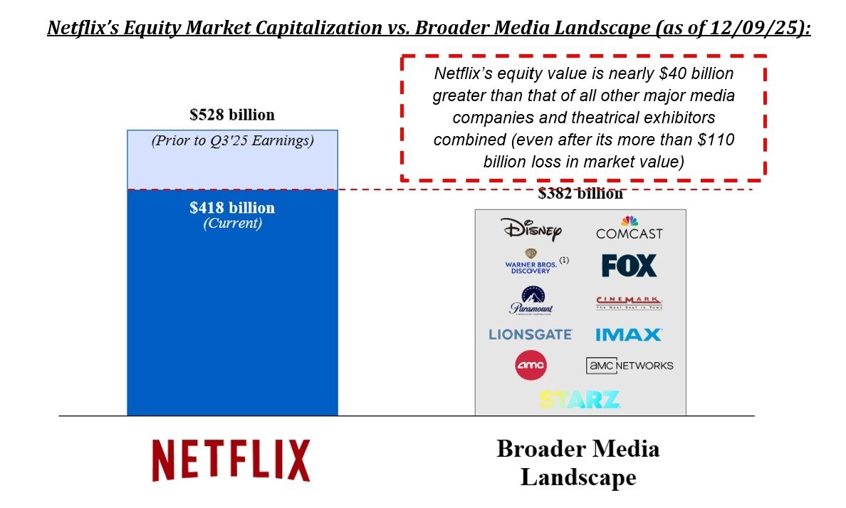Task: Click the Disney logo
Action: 531,229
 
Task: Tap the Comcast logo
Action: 629,229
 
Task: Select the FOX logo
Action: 629,266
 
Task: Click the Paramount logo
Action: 531,300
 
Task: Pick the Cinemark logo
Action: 629,303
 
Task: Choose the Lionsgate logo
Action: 531,334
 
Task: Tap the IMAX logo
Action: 629,334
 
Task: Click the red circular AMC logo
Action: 531,366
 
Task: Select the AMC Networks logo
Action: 629,366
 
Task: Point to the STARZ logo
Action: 580,399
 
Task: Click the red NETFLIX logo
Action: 231,460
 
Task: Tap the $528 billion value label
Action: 232,115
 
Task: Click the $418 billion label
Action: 232,208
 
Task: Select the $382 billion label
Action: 580,194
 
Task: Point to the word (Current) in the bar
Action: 232,223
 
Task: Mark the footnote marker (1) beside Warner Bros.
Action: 564,260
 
